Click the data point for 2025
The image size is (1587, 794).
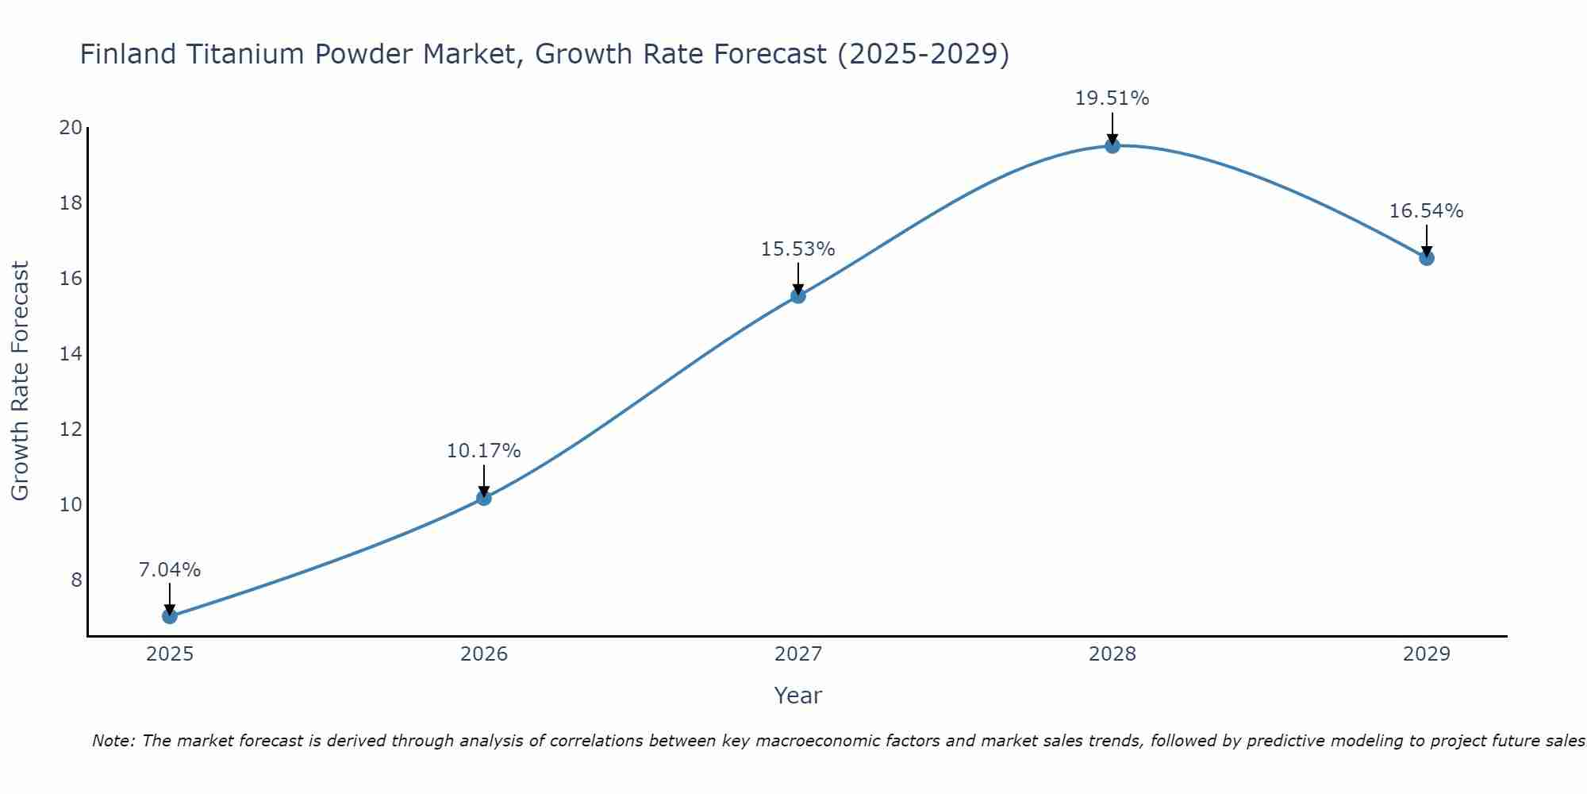point(170,616)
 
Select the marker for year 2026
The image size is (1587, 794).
point(484,498)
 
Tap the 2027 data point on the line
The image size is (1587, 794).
point(798,296)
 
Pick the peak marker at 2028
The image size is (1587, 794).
point(1112,145)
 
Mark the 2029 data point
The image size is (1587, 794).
point(1427,258)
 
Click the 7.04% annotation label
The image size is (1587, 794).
point(170,570)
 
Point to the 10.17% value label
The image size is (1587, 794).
point(484,451)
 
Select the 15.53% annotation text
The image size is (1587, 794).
point(798,249)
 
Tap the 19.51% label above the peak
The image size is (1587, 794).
point(1112,98)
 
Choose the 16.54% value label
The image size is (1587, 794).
point(1427,211)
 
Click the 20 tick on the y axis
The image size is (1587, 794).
point(71,128)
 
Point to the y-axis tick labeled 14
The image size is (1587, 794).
point(71,354)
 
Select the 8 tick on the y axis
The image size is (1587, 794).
point(76,580)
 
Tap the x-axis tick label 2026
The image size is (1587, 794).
point(484,654)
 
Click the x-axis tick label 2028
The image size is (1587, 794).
point(1112,654)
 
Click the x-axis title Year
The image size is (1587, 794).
point(798,696)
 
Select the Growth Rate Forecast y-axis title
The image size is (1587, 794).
point(20,381)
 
